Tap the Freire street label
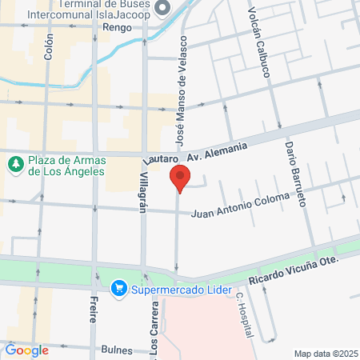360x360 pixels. click(x=94, y=306)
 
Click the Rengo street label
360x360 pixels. click(x=117, y=27)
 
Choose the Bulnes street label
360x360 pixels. click(x=117, y=350)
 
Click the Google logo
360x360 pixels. click(x=26, y=350)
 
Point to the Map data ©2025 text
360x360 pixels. click(x=326, y=354)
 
